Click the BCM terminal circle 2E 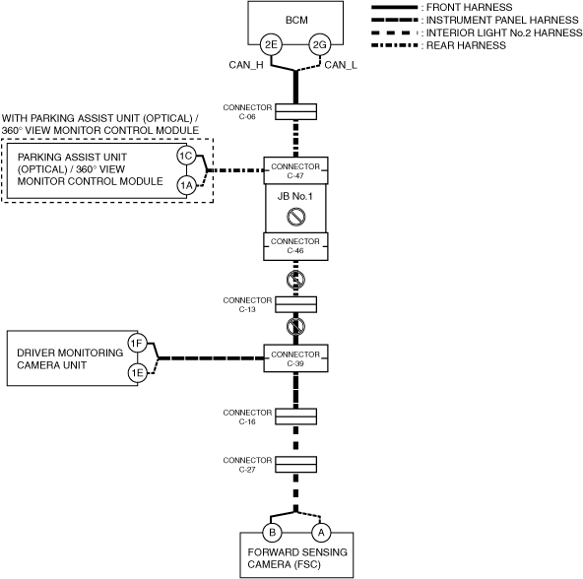click(x=271, y=44)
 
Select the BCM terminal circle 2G click(x=320, y=44)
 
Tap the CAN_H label click(x=246, y=65)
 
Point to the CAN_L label click(x=341, y=65)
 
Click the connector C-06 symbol click(x=296, y=111)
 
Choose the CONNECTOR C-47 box click(x=296, y=170)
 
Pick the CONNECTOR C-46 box click(x=296, y=246)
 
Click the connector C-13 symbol click(x=296, y=304)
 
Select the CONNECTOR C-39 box click(x=296, y=358)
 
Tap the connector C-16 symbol click(x=296, y=417)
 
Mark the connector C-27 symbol click(x=296, y=465)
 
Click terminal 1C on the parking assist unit click(x=186, y=156)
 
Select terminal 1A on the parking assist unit click(x=186, y=185)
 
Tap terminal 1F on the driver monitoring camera click(x=138, y=344)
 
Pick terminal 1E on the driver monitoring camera click(x=138, y=372)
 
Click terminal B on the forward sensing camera click(x=272, y=533)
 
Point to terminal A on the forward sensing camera click(x=321, y=533)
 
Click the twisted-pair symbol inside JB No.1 click(x=296, y=217)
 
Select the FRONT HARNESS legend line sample click(x=395, y=7)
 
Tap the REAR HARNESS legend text click(x=466, y=45)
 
